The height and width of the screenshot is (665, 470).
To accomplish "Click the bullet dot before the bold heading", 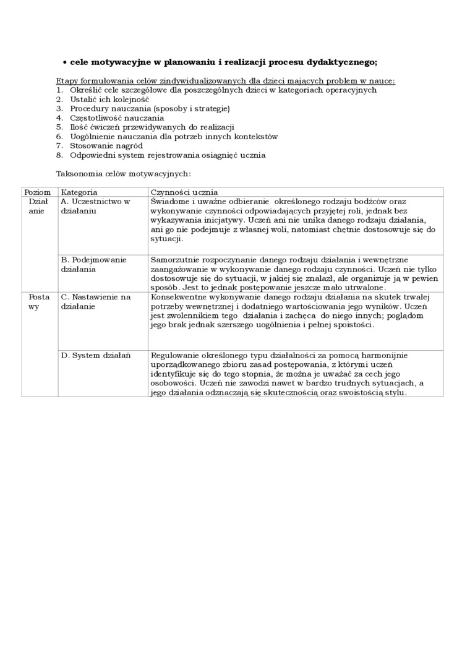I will coord(65,62).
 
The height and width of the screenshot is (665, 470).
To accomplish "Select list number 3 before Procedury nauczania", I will coord(59,108).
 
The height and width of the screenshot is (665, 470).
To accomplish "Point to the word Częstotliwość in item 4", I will coord(96,118).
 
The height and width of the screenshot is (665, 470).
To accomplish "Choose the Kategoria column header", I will coord(79,192).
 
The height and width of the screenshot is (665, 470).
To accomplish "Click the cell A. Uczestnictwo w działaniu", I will coord(95,206).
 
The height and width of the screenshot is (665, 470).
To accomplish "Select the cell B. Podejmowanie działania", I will coord(93,264).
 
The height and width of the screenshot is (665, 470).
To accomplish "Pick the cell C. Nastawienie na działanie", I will coord(96,302).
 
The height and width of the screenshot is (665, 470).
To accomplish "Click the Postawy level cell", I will coord(39,302).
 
